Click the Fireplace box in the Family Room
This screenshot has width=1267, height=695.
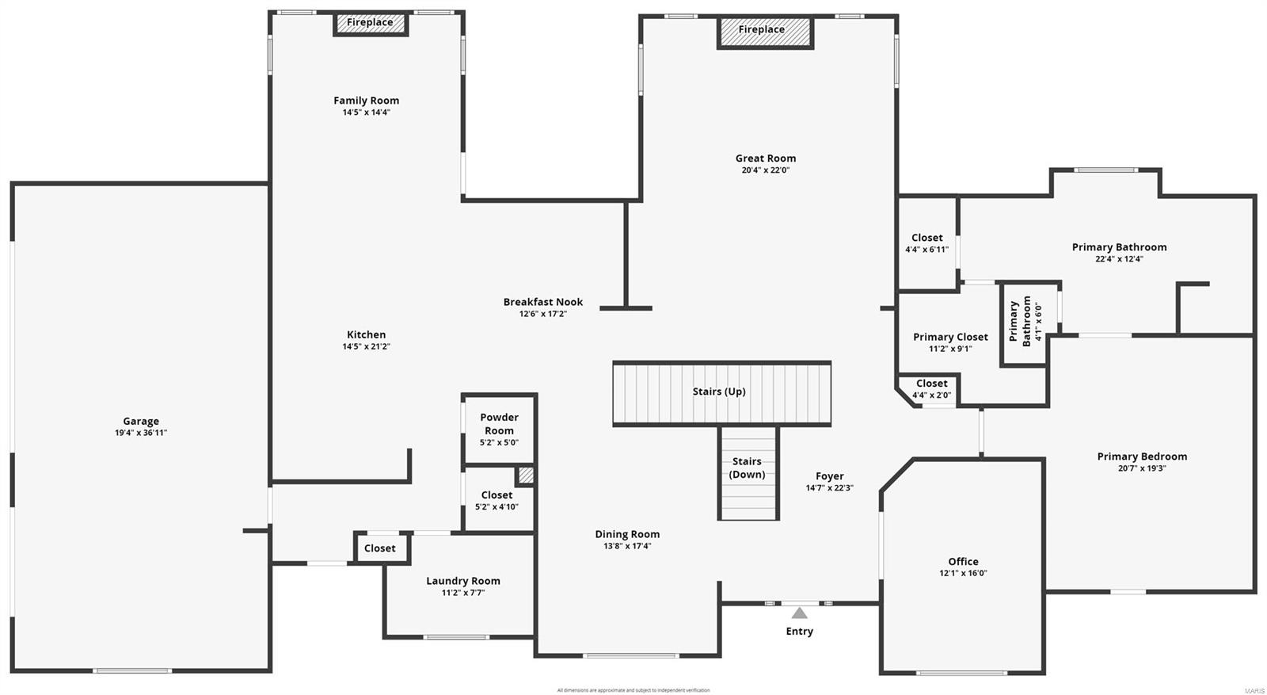point(370,24)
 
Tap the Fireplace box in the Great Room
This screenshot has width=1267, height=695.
point(765,32)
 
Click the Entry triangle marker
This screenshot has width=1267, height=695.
point(800,613)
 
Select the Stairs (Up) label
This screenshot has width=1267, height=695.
point(718,391)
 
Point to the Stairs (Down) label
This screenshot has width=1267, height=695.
point(747,468)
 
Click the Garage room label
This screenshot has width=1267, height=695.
point(141,422)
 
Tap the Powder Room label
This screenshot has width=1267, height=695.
point(499,424)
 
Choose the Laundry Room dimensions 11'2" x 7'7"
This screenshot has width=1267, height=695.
point(463,593)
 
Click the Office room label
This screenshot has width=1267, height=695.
point(963,561)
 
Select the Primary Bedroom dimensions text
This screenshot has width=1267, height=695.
point(1142,468)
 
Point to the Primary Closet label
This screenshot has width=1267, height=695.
point(950,337)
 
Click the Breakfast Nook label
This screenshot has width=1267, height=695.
point(543,302)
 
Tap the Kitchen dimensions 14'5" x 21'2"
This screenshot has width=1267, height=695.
point(367,346)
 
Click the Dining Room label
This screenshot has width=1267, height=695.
point(627,534)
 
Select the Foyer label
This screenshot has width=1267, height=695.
point(829,476)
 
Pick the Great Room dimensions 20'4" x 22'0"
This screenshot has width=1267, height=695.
point(765,170)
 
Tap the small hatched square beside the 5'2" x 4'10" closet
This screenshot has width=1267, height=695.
point(526,475)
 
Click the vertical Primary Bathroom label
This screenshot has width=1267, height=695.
point(1020,322)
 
